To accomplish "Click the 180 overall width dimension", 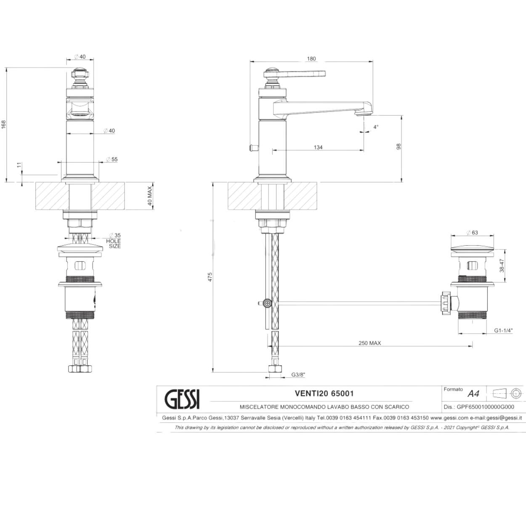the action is [x=311, y=58].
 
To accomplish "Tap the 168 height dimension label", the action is [x=3, y=125].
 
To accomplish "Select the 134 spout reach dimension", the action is [x=318, y=147].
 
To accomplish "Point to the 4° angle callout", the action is [x=376, y=127].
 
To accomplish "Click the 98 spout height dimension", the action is [x=399, y=146].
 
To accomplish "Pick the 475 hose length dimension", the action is [x=210, y=277].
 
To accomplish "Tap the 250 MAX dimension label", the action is [x=369, y=343].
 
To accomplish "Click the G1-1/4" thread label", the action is [x=503, y=331].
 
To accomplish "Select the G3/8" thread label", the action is [x=298, y=375].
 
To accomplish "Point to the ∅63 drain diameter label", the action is [x=472, y=233].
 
